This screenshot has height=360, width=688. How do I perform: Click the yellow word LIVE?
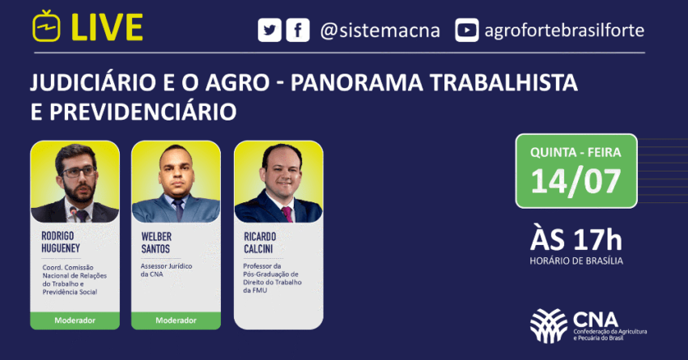pos(108,28)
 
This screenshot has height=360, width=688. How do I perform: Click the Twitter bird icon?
pos(269,31)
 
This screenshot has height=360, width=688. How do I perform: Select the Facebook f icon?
pos(298,31)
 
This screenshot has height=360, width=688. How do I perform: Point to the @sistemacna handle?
pos(380,31)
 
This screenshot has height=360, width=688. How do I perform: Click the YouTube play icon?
pos(466,31)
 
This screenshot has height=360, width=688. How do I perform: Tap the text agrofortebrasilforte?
pos(563,31)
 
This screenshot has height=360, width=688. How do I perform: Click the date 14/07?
pos(576,180)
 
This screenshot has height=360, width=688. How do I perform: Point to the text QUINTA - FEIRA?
pos(576,152)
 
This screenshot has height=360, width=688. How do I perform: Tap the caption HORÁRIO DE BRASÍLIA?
pos(577,260)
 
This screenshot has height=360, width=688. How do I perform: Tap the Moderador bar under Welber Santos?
pos(176,320)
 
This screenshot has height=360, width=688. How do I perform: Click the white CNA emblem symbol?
pos(549,326)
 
